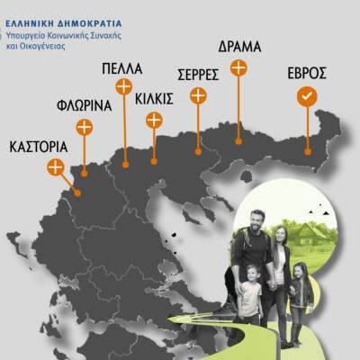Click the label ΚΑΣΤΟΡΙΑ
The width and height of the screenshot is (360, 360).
coord(38,145)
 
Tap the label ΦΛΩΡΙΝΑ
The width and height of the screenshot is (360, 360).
coord(84,105)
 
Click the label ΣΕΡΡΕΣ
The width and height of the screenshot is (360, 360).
coord(199,74)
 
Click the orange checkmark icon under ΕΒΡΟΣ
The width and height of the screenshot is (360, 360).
coord(307,96)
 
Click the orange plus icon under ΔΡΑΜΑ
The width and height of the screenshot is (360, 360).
coord(238,67)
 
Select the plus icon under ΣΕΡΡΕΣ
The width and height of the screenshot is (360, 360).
coord(198,95)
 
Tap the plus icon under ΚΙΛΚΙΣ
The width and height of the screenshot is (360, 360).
coord(154,119)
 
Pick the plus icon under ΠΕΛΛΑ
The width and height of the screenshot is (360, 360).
coord(123,86)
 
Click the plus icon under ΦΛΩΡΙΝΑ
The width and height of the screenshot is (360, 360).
coord(83,127)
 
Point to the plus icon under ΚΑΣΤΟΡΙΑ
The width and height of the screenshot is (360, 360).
coord(56,166)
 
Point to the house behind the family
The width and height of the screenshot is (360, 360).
coord(318,236)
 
